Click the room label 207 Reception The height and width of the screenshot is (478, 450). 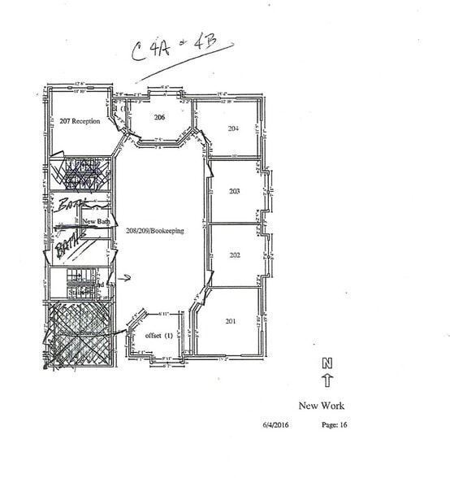pos(80,121)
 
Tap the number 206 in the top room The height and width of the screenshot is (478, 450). pos(160,118)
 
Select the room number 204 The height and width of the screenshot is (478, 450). pos(233,128)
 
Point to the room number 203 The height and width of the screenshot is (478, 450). pos(235,192)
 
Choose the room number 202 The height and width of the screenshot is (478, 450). pos(235,255)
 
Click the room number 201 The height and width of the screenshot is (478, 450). pos(231,321)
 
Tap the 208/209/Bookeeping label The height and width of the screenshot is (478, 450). pos(155,231)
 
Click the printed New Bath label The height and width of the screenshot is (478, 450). pos(97,220)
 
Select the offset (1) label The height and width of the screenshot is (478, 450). pos(158,336)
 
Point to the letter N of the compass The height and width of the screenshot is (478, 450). pos(327,363)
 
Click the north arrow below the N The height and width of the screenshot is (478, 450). pos(327,379)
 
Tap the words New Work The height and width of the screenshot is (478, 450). pos(322,406)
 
